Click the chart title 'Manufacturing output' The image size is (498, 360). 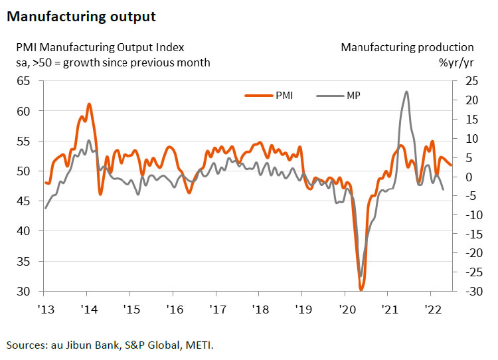pos(81,17)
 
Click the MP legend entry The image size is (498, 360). pos(353,95)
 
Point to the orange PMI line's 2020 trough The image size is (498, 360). pos(361,290)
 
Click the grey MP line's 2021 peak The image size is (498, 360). pos(406,92)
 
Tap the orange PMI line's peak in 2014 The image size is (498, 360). pos(89,104)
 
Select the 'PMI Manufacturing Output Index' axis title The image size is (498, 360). pos(96,48)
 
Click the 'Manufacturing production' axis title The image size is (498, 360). pos(407,48)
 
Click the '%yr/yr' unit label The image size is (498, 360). pos(456,62)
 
